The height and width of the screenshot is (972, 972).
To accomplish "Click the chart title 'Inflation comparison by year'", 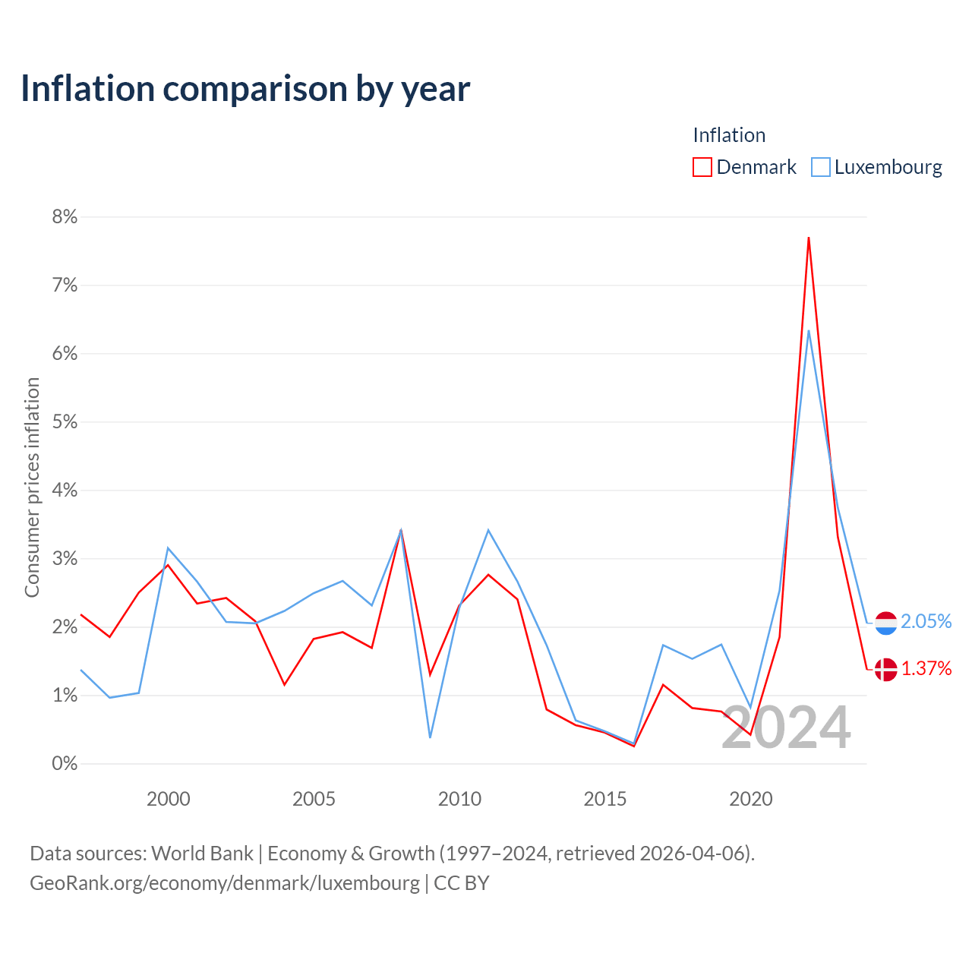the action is pyautogui.click(x=245, y=89).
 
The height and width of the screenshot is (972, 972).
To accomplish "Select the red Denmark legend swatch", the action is pyautogui.click(x=702, y=167).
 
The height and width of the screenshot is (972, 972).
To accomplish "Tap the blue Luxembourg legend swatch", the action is pyautogui.click(x=821, y=167).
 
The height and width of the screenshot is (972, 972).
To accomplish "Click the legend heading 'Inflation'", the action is pyautogui.click(x=729, y=135).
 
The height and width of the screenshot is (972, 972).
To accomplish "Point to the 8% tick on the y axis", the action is pyautogui.click(x=65, y=217).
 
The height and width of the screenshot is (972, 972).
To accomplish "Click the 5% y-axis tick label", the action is pyautogui.click(x=65, y=421).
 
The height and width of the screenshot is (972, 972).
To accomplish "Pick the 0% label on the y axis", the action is pyautogui.click(x=65, y=763).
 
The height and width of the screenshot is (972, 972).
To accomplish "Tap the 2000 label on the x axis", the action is pyautogui.click(x=168, y=799).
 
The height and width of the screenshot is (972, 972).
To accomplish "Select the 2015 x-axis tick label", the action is pyautogui.click(x=604, y=799).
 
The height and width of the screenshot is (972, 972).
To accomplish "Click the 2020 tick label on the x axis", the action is pyautogui.click(x=750, y=799).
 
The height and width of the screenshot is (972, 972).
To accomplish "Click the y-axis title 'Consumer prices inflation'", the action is pyautogui.click(x=32, y=488).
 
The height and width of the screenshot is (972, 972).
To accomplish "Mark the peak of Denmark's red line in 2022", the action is pyautogui.click(x=809, y=238).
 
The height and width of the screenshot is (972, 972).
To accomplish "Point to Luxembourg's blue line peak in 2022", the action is pyautogui.click(x=809, y=331).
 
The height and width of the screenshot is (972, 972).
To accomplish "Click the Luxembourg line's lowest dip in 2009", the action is pyautogui.click(x=430, y=737).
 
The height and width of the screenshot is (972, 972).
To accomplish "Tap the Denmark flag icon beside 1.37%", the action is pyautogui.click(x=885, y=669).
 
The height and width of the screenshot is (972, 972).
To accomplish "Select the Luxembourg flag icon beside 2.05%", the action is pyautogui.click(x=885, y=623).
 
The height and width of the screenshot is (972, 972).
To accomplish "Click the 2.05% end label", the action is pyautogui.click(x=926, y=621).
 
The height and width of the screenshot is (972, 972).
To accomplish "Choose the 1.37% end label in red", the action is pyautogui.click(x=926, y=668).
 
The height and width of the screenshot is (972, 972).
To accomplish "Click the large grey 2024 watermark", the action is pyautogui.click(x=786, y=727).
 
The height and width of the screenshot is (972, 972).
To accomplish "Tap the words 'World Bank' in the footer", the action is pyautogui.click(x=202, y=854).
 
